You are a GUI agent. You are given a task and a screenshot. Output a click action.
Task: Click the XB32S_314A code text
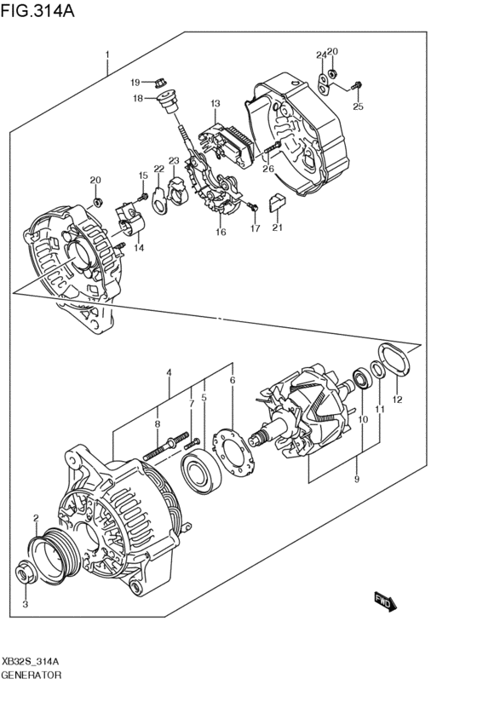tap(30, 661)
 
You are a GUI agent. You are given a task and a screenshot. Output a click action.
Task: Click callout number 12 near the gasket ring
tap(398, 399)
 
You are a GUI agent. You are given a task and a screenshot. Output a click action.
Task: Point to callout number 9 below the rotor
tap(357, 480)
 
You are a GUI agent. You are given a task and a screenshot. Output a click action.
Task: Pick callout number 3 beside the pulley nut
tap(25, 604)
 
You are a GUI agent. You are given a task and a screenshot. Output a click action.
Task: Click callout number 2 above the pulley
tap(36, 517)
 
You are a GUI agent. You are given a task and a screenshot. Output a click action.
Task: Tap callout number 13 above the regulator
tap(216, 104)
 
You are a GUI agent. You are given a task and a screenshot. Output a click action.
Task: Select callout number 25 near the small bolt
tap(358, 106)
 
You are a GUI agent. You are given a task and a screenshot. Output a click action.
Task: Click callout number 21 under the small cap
tap(276, 227)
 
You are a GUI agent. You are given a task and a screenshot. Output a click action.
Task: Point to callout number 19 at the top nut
tap(135, 82)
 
